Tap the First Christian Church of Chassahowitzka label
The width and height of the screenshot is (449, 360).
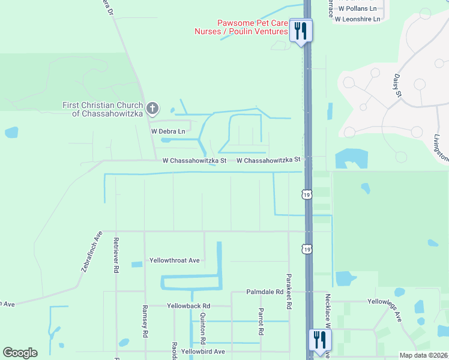[x=104, y=109]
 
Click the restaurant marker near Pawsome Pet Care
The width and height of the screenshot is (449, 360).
[x=301, y=30]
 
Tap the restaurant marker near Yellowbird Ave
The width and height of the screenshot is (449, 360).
[x=319, y=340]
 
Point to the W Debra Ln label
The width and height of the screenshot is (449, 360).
[x=168, y=131]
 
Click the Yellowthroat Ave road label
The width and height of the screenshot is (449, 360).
[x=174, y=260]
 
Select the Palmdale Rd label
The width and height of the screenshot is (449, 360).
[x=265, y=292]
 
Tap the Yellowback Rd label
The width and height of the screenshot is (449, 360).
[x=188, y=305]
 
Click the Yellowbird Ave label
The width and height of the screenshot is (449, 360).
[x=203, y=352]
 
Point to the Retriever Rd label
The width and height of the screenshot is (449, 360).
[x=116, y=256]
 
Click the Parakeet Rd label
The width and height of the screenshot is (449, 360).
[x=289, y=292]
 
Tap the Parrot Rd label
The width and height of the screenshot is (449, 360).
[x=261, y=322]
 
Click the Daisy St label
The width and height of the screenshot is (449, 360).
[x=397, y=86]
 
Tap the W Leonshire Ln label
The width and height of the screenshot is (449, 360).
[x=358, y=19]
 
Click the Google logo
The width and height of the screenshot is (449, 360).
[x=20, y=353]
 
